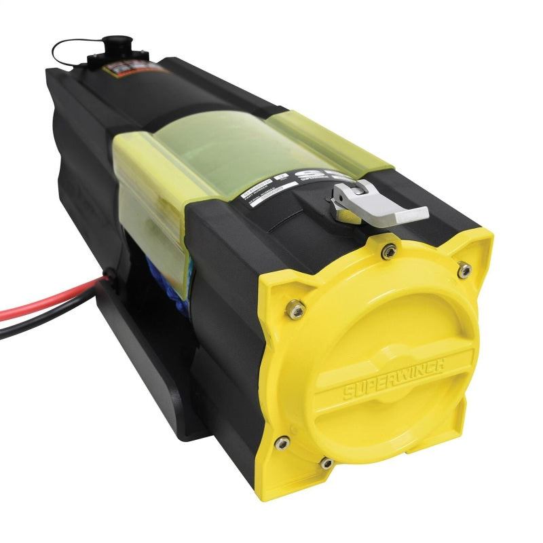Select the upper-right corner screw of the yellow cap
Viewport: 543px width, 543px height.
tap(464, 271)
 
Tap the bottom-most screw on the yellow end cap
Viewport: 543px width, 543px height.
tap(326, 463)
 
